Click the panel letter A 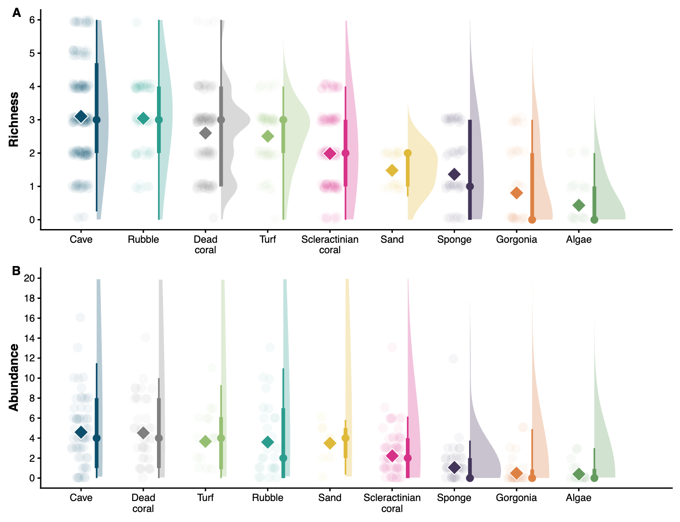pyautogui.click(x=17, y=13)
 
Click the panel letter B pyautogui.click(x=16, y=271)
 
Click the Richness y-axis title pyautogui.click(x=14, y=120)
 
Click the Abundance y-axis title pyautogui.click(x=14, y=377)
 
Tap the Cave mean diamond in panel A pyautogui.click(x=81, y=117)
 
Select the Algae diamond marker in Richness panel pyautogui.click(x=579, y=205)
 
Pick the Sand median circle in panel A pyautogui.click(x=408, y=153)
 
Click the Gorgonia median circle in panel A pyautogui.click(x=532, y=220)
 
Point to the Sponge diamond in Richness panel pyautogui.click(x=454, y=174)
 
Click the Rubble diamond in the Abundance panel pyautogui.click(x=267, y=442)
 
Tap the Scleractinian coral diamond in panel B pyautogui.click(x=392, y=455)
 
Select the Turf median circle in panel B pyautogui.click(x=221, y=438)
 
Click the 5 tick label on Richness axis pyautogui.click(x=32, y=53)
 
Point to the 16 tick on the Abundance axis pyautogui.click(x=29, y=318)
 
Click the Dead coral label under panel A pyautogui.click(x=205, y=245)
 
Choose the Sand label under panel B pyautogui.click(x=330, y=498)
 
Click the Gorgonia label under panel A pyautogui.click(x=516, y=240)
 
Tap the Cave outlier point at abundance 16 pyautogui.click(x=80, y=318)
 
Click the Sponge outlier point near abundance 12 pyautogui.click(x=453, y=359)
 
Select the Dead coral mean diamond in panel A pyautogui.click(x=205, y=133)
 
